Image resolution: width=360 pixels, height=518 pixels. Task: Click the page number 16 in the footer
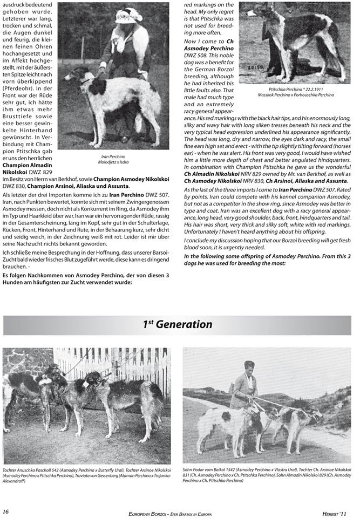point(6,510)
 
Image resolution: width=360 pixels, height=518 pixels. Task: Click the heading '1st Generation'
point(177,324)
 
